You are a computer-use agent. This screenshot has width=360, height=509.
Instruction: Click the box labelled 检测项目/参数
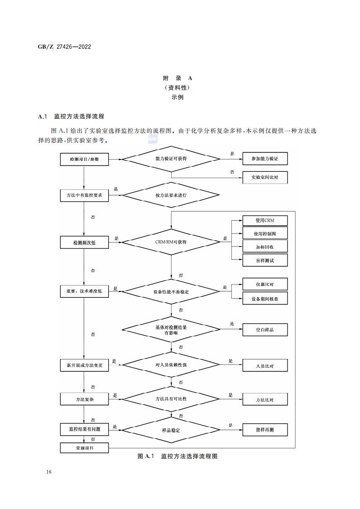[84, 159]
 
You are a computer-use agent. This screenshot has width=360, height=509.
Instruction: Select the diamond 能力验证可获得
[171, 159]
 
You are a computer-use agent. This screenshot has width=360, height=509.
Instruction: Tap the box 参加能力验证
[265, 159]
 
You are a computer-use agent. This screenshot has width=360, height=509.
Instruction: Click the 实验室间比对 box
[265, 178]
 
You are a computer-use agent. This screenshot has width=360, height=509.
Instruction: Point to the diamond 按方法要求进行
[171, 196]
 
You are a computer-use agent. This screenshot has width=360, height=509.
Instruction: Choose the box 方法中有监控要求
[84, 196]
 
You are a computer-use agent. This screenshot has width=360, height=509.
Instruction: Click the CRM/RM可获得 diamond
[171, 242]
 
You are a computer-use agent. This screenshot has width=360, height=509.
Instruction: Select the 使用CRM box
[265, 221]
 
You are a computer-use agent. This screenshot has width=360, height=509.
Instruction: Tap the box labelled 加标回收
[265, 247]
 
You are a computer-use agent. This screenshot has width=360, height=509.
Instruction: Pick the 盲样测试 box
[265, 260]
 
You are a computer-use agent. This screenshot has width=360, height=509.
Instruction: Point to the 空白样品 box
[265, 330]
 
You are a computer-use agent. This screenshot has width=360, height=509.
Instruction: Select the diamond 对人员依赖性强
[171, 364]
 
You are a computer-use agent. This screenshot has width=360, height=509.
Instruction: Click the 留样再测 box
[265, 430]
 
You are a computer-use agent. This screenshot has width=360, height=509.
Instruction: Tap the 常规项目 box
[84, 448]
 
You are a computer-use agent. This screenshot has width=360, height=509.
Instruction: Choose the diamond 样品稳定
[171, 430]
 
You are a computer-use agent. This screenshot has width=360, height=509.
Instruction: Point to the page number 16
[49, 472]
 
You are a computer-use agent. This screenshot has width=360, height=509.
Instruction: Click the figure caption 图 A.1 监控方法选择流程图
[178, 456]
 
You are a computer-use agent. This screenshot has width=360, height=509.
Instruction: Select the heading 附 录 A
[177, 78]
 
